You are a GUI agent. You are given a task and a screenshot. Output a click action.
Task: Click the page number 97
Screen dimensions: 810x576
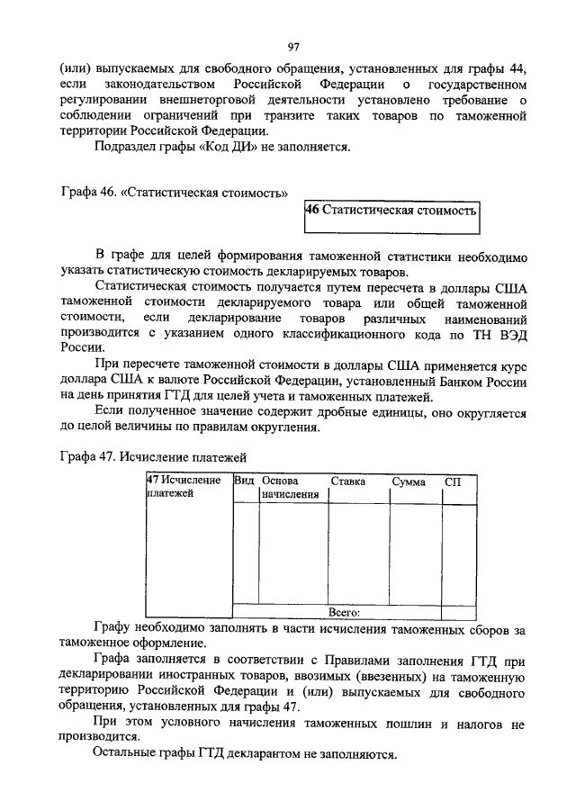292,48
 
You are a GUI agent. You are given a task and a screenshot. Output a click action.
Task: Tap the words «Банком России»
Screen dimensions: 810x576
493,381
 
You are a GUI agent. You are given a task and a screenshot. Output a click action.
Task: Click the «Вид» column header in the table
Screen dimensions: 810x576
244,481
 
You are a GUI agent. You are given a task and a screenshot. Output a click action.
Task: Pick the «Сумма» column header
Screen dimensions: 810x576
409,481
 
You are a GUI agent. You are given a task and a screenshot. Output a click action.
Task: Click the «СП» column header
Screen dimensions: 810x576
454,481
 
